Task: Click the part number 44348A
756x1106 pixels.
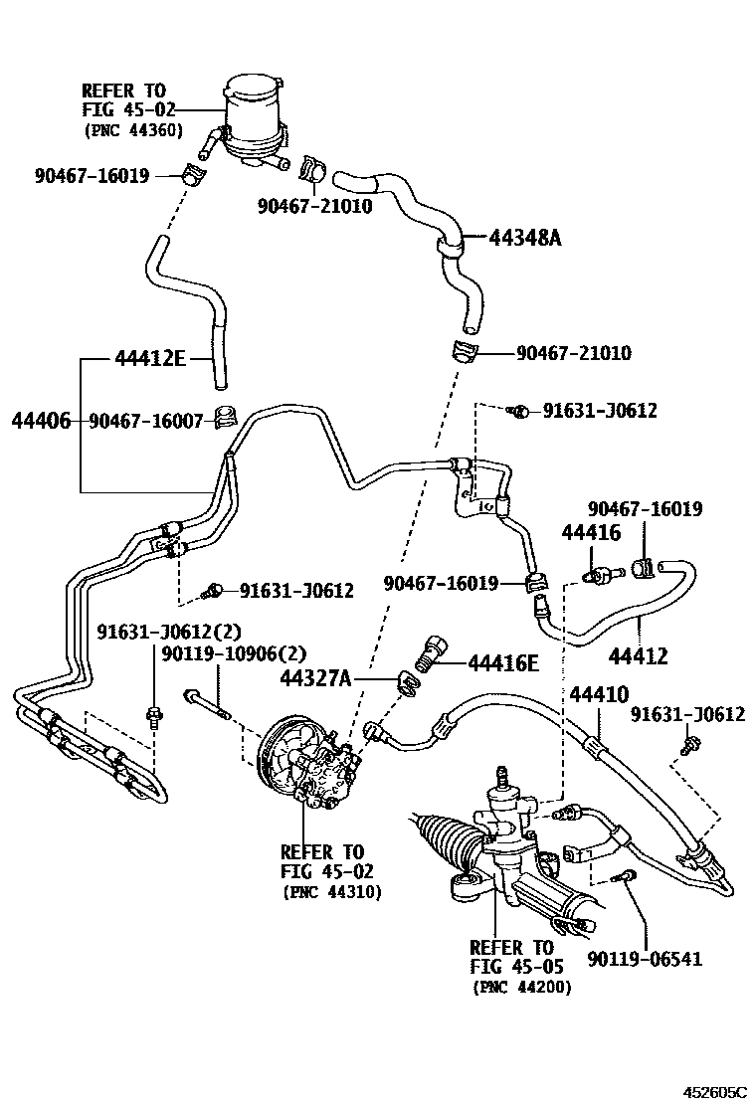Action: tap(525, 238)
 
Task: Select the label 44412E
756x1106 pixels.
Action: tap(150, 358)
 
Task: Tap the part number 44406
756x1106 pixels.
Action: tap(41, 421)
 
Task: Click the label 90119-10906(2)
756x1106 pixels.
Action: tap(234, 653)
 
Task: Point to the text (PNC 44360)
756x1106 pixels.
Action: tap(131, 130)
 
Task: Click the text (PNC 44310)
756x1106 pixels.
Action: tap(331, 892)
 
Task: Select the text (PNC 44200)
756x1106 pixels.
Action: tap(520, 987)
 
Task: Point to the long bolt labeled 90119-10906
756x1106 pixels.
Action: tap(208, 705)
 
